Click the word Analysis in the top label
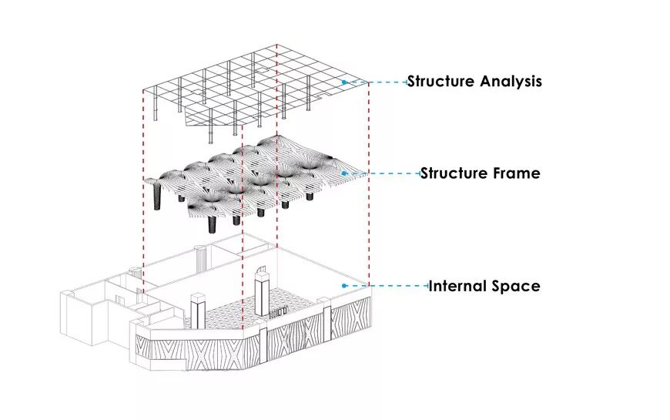(x=508, y=81)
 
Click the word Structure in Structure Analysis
(x=441, y=81)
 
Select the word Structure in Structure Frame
(x=454, y=173)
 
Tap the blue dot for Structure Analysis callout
(x=344, y=82)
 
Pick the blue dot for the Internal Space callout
(x=344, y=286)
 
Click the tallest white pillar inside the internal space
(x=261, y=291)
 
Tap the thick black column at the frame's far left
(x=159, y=196)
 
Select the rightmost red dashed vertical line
(x=369, y=185)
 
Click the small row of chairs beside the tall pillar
(x=279, y=311)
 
